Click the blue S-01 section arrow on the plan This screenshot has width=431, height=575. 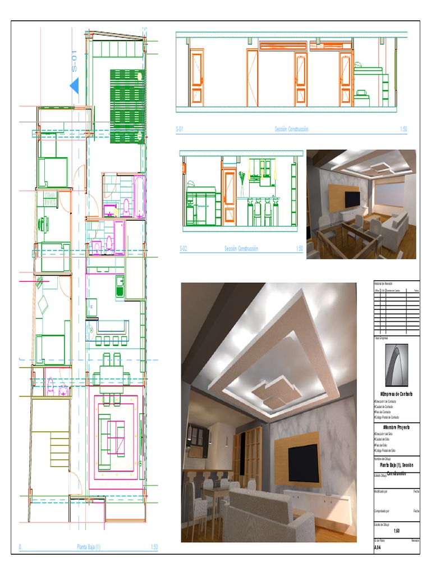(x=74, y=86)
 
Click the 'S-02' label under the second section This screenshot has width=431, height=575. (x=183, y=248)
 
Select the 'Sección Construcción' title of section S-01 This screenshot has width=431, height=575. (x=291, y=130)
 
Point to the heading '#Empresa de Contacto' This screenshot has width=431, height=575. (x=396, y=394)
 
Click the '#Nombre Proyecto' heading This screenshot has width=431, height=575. (x=396, y=427)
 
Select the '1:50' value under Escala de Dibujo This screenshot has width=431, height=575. (x=396, y=531)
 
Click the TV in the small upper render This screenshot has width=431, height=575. (x=352, y=199)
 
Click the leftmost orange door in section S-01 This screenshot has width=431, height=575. (x=197, y=78)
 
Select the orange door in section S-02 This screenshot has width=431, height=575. (x=229, y=197)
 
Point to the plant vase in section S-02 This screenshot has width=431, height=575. (x=242, y=182)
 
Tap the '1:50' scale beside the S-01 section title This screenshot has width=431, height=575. (x=403, y=130)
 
